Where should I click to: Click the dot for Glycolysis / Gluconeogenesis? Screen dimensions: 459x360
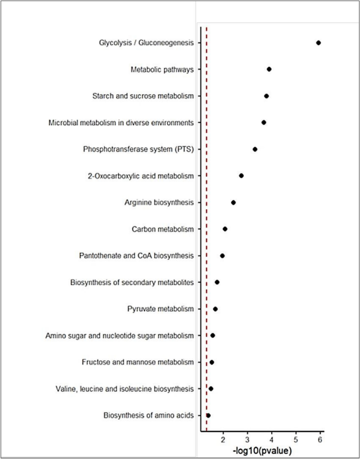pos(318,43)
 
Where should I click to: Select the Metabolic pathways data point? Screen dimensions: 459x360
pos(269,69)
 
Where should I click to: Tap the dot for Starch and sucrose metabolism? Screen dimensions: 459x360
pos(266,96)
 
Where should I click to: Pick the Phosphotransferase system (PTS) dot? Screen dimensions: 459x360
pos(255,149)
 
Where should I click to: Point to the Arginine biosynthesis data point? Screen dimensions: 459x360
pos(233,202)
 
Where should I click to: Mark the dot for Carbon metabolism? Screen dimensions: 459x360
pos(225,229)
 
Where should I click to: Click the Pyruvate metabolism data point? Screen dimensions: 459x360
pos(215,309)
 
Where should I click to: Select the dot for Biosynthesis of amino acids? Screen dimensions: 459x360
pos(209,415)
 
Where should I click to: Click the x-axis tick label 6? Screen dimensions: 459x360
pos(320,440)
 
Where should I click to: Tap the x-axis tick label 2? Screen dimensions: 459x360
pos(223,440)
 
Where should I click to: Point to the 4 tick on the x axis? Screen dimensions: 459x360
pos(272,440)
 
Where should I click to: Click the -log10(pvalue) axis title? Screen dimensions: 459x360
pos(262,451)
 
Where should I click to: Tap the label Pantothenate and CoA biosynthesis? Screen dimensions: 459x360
pos(136,256)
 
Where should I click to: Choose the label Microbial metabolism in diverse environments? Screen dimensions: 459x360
pos(121,123)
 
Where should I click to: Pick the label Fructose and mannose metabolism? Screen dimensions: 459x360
pos(138,362)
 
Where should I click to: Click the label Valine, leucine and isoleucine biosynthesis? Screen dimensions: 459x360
pos(125,389)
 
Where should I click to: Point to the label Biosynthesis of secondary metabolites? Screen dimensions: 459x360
pos(132,282)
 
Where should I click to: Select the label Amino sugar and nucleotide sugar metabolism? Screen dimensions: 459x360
pos(120,335)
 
